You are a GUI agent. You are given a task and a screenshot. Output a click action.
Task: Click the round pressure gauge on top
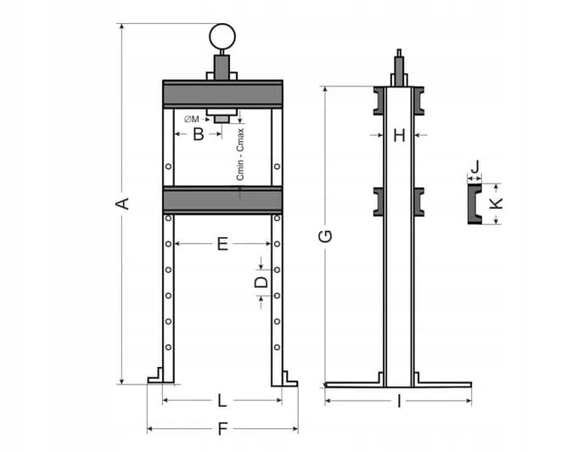(x=222, y=37)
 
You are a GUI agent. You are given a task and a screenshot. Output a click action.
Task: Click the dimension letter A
(x=122, y=204)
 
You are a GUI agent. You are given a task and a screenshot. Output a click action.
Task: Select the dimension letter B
(x=199, y=134)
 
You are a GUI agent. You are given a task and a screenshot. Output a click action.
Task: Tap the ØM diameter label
(x=192, y=119)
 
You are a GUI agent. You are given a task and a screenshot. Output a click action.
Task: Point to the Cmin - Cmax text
(x=240, y=155)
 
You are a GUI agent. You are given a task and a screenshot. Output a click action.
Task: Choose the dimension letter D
(x=261, y=282)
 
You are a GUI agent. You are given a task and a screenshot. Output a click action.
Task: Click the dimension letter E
(x=222, y=244)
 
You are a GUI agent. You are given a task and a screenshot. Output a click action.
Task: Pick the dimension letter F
(x=222, y=429)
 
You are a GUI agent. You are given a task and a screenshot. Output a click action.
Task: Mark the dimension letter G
(x=325, y=236)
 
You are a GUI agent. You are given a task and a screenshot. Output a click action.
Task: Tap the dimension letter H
(x=399, y=135)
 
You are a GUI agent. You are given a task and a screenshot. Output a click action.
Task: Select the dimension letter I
(x=399, y=402)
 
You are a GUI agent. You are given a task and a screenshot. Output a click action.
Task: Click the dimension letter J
(x=474, y=167)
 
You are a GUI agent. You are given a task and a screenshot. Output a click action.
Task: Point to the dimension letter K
(x=496, y=203)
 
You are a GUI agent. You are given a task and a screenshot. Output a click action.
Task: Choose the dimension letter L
(x=222, y=400)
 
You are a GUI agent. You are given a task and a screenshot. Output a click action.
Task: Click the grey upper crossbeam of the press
(x=222, y=94)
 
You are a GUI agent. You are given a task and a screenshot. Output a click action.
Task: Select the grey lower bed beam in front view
(x=222, y=201)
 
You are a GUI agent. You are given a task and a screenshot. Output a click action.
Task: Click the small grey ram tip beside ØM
(x=222, y=119)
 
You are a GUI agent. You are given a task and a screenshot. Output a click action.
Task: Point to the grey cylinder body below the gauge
(x=222, y=67)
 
